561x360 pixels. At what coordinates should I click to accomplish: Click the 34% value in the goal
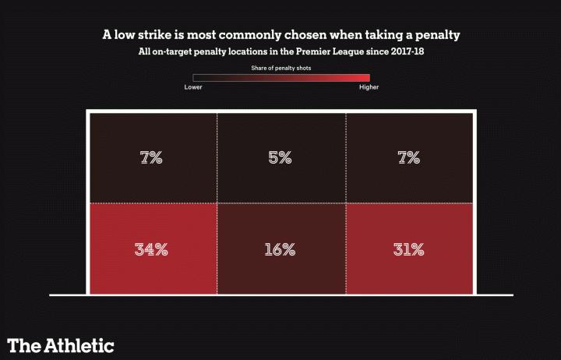pos(151,249)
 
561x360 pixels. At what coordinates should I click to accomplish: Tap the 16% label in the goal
pos(280,249)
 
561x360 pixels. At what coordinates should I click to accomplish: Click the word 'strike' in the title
pos(166,36)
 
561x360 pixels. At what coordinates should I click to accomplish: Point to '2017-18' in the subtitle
pos(412,52)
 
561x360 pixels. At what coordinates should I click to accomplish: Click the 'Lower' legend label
pos(193,86)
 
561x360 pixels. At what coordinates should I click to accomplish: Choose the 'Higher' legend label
pos(369,86)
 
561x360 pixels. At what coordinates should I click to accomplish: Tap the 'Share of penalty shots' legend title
pos(280,69)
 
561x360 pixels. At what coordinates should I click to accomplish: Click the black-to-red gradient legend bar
pos(281,77)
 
